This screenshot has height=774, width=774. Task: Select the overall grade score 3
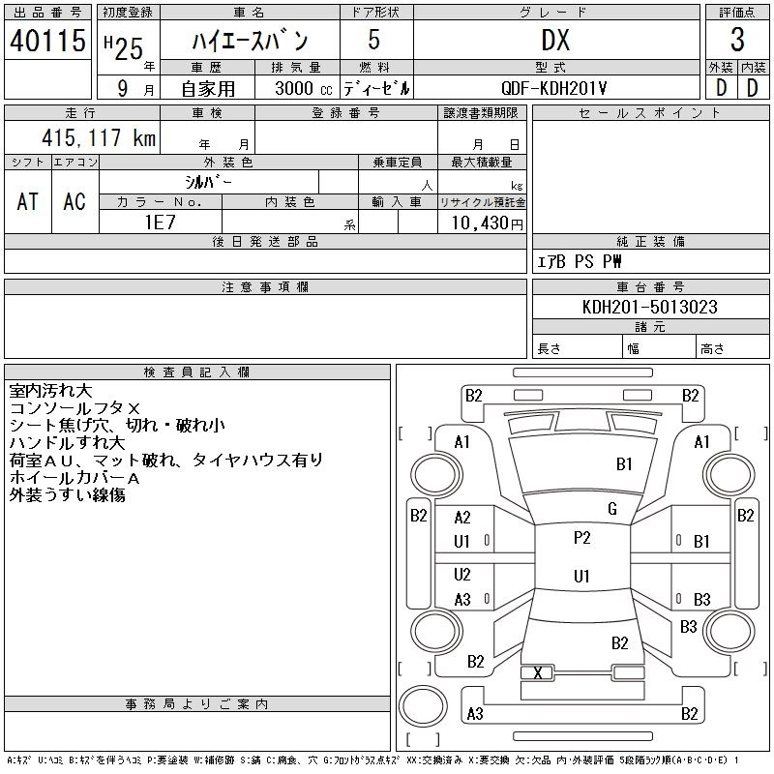(737, 41)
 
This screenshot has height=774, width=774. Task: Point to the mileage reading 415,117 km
(97, 138)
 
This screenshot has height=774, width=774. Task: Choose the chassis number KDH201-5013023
(650, 307)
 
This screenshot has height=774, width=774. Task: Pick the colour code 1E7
(160, 222)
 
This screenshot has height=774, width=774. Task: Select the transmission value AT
(27, 201)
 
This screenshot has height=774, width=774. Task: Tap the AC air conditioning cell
(74, 201)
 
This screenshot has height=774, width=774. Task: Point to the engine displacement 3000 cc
(296, 87)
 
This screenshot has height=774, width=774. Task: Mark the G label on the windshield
(612, 509)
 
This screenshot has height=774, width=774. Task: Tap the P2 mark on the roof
(581, 538)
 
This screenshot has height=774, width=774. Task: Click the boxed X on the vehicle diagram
(538, 673)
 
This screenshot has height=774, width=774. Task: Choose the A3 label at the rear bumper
(475, 714)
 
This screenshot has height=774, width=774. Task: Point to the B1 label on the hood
(624, 464)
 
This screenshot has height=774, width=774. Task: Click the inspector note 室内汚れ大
(50, 391)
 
